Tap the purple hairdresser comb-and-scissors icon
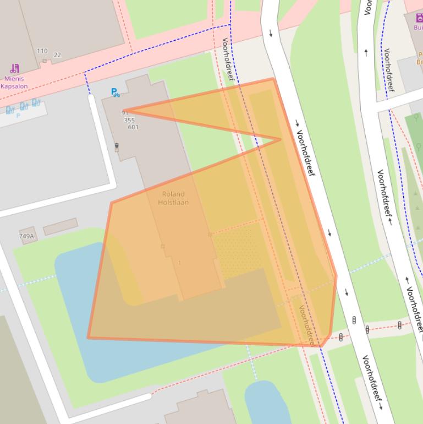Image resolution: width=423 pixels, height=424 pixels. [x=14, y=69]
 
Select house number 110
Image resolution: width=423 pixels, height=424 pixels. [x=42, y=51]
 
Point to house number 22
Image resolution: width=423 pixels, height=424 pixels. [x=57, y=55]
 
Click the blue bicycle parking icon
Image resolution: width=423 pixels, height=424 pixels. [x=115, y=93]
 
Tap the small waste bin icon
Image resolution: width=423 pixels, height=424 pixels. [x=117, y=146]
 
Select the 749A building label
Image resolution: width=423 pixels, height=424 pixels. [x=26, y=236]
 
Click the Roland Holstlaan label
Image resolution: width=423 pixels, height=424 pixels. [x=173, y=198]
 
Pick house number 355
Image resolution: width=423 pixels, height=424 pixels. [x=129, y=120]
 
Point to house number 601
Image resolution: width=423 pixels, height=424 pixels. [x=133, y=127]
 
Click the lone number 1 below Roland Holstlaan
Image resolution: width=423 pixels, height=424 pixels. [x=179, y=263]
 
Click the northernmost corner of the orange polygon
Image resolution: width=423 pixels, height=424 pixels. [x=273, y=79]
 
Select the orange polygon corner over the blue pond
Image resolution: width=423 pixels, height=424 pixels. [x=89, y=338]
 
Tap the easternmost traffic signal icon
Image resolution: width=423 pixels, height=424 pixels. [x=399, y=325]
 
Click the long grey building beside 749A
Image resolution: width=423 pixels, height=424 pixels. [x=61, y=226]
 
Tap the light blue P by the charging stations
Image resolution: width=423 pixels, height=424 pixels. [x=18, y=116]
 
